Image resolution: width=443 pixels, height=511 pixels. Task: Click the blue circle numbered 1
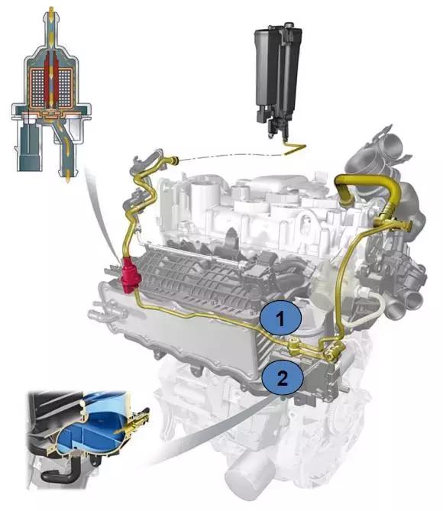tap(280, 319)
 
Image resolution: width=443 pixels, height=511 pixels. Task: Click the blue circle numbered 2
tap(283, 377)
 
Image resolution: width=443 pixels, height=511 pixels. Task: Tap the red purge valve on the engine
tap(130, 275)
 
